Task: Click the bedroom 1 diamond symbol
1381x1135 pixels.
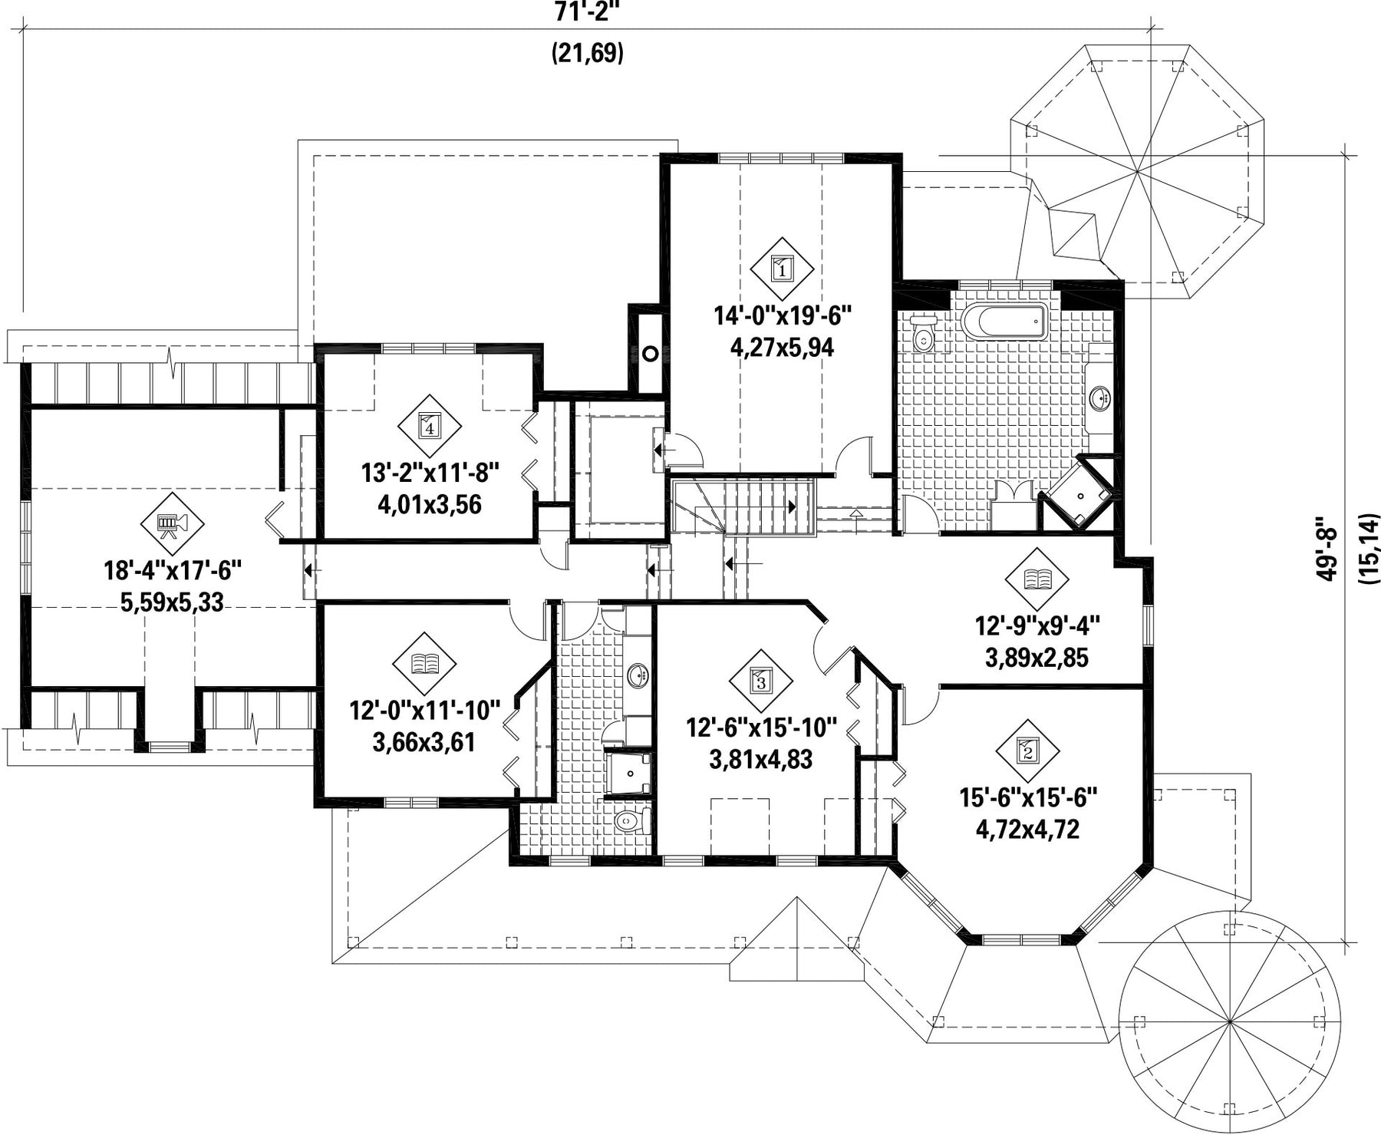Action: point(781,269)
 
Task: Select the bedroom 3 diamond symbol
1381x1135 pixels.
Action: point(760,680)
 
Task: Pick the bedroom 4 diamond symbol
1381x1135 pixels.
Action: point(430,427)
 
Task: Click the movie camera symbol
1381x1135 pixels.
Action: point(173,523)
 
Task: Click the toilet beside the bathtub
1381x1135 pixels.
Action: point(923,335)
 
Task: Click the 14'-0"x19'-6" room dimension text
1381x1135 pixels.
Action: point(782,315)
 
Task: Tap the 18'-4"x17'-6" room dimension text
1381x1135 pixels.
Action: point(173,571)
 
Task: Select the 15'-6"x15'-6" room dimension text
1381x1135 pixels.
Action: point(1028,797)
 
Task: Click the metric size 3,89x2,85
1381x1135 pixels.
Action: point(1037,658)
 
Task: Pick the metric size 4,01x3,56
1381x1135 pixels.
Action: point(430,504)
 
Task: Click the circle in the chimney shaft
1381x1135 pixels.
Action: point(651,353)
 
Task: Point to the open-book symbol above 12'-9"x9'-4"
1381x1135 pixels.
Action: point(1037,579)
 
